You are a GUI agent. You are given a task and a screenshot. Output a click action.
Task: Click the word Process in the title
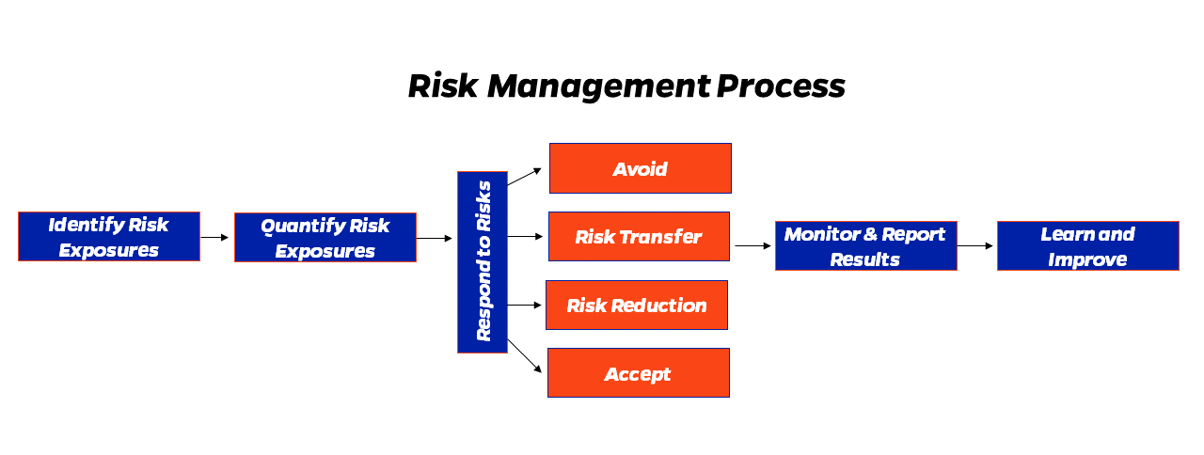[781, 86]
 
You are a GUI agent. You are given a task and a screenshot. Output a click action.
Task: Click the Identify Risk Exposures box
[109, 236]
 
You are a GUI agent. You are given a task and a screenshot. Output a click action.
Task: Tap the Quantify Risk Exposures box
[325, 238]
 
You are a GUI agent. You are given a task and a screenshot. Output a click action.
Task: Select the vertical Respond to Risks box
[483, 262]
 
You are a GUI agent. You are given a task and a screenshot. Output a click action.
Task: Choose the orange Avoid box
[641, 168]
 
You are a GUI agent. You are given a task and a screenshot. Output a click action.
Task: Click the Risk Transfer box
[639, 236]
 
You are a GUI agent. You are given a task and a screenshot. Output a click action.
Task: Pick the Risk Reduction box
[637, 306]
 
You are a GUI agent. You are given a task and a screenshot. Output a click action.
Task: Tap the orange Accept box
[639, 373]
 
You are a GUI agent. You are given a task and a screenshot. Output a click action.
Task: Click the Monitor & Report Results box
[866, 246]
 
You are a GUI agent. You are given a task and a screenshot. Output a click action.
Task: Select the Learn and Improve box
[1088, 246]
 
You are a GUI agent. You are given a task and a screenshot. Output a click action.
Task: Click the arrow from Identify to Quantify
[214, 238]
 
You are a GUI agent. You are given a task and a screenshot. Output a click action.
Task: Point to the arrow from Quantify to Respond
[435, 238]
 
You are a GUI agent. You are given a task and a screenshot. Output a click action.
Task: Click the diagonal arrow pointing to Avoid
[524, 177]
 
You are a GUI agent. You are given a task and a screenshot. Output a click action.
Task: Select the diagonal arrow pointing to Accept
[525, 355]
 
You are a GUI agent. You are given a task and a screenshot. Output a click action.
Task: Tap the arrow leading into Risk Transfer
[525, 236]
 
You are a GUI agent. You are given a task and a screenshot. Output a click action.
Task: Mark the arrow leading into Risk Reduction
[525, 306]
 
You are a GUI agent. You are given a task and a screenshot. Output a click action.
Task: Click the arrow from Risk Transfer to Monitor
[753, 246]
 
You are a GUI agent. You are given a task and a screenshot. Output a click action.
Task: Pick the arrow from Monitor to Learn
[975, 246]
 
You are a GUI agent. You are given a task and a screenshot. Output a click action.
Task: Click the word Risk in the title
[443, 86]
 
